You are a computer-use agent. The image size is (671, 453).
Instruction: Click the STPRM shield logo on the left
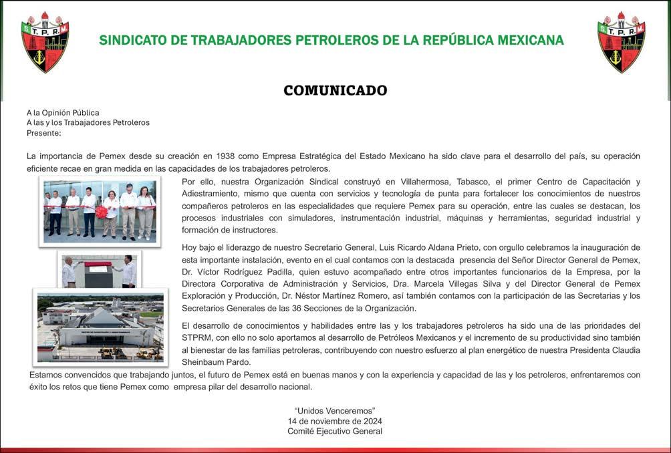pyautogui.click(x=45, y=41)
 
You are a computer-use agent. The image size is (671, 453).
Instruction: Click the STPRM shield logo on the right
pyautogui.click(x=621, y=41)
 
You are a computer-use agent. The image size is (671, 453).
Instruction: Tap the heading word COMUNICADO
pyautogui.click(x=335, y=90)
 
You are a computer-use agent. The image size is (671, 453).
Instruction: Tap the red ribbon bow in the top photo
pyautogui.click(x=102, y=212)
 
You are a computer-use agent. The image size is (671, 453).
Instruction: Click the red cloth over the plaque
pyautogui.click(x=97, y=265)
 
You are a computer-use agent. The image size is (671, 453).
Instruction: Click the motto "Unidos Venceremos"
pyautogui.click(x=335, y=410)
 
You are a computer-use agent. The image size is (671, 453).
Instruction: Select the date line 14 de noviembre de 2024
pyautogui.click(x=335, y=421)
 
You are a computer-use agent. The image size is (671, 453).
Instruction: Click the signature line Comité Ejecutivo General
pyautogui.click(x=335, y=432)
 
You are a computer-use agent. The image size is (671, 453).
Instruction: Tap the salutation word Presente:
pyautogui.click(x=44, y=133)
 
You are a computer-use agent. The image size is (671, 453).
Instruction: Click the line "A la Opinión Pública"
pyautogui.click(x=63, y=112)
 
